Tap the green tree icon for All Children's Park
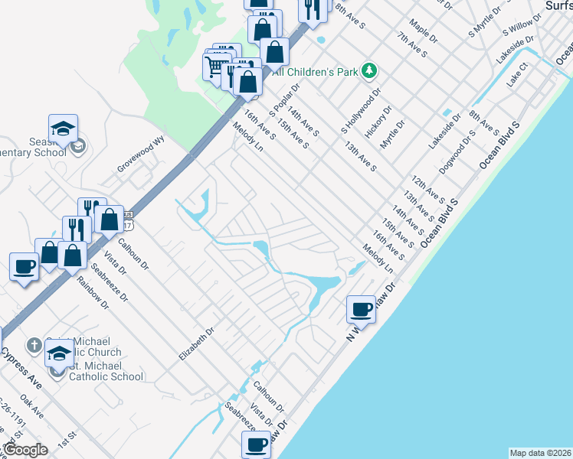(370, 71)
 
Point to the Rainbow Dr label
(93, 293)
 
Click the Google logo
(25, 450)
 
